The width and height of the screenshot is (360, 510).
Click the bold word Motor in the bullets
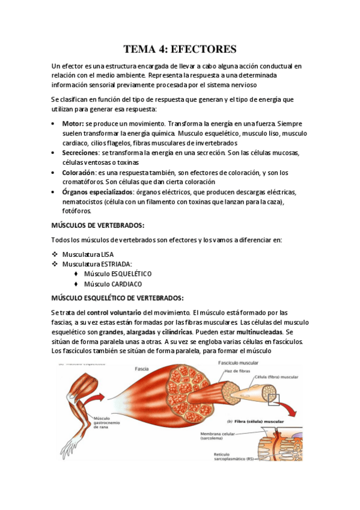click(72, 123)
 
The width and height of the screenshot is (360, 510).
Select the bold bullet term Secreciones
click(81, 153)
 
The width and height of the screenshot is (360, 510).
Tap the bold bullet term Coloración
click(79, 173)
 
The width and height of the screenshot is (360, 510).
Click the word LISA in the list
click(107, 254)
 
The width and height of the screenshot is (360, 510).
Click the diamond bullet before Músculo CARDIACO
click(76, 284)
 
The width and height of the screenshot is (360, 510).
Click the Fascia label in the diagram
click(142, 369)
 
